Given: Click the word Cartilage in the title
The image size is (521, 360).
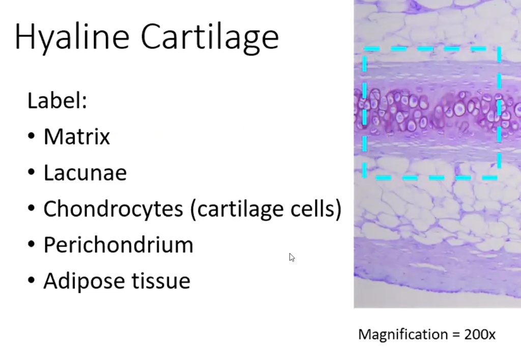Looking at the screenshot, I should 209,37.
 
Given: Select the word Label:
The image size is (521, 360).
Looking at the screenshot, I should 57,101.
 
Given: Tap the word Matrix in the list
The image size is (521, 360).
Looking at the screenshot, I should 77,136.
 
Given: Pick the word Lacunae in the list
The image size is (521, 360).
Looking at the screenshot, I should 85,173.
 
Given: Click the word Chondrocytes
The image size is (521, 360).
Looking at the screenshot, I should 112,209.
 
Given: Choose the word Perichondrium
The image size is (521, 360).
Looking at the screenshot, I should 118,245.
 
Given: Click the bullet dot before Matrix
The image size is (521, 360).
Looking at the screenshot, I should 32,137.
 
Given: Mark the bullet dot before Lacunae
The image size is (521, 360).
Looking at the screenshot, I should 32,173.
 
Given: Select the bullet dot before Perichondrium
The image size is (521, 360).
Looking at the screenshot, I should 32,245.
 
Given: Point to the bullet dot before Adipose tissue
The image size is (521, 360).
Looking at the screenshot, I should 32,281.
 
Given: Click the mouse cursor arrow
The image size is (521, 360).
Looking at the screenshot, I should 292,257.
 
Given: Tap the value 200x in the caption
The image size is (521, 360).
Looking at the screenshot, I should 479,335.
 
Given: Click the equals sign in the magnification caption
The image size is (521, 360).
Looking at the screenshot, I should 453,335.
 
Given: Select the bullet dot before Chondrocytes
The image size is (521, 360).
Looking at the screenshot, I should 32,209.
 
